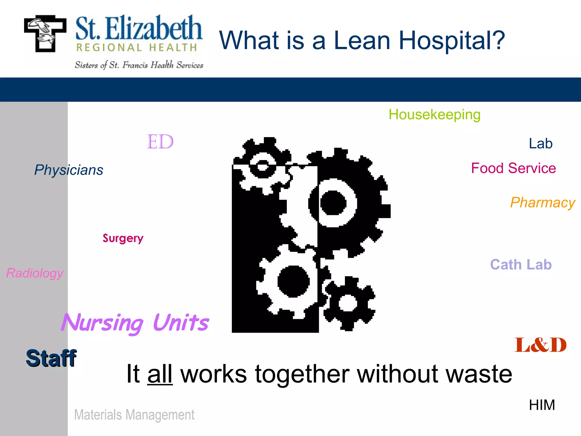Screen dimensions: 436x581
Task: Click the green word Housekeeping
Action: (434, 115)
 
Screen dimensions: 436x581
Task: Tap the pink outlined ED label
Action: (160, 142)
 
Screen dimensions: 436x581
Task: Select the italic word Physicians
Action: (69, 170)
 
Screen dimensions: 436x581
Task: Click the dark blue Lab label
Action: (540, 144)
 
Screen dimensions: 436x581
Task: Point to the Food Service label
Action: (513, 168)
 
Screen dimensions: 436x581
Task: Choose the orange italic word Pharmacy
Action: (542, 203)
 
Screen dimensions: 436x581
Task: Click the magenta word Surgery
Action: (123, 238)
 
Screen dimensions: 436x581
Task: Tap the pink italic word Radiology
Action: (35, 273)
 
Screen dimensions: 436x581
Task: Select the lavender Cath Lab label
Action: (521, 265)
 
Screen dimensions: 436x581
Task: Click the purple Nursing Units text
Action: (135, 323)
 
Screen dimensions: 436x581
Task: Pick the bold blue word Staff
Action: (51, 358)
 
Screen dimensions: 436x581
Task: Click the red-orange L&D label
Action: (540, 345)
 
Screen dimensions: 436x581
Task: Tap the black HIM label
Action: (542, 405)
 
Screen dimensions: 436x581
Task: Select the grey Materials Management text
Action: (134, 415)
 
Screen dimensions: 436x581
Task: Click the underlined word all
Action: (160, 374)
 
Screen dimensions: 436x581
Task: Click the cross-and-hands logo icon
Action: (45, 33)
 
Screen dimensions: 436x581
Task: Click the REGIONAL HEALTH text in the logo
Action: (136, 47)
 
